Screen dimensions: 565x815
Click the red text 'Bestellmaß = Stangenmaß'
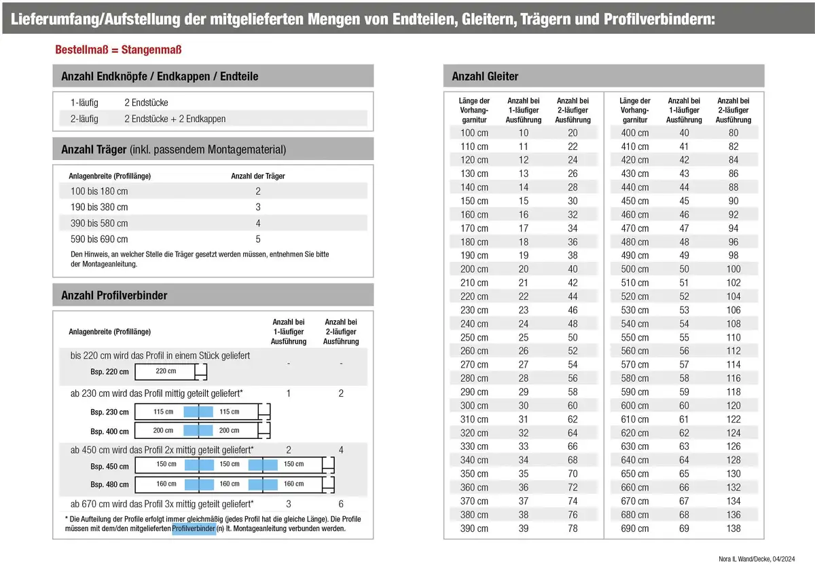tap(117, 50)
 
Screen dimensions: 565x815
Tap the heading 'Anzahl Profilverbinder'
tap(114, 295)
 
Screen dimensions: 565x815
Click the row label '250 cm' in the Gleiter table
tap(474, 337)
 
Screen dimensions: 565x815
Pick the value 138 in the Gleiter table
tap(733, 528)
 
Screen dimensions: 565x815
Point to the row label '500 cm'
tap(634, 269)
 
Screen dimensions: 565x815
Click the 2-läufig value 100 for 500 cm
tap(733, 269)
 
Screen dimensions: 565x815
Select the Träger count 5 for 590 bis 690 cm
tap(258, 239)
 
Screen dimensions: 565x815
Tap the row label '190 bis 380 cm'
tap(99, 207)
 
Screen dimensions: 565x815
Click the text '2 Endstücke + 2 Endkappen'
tap(175, 119)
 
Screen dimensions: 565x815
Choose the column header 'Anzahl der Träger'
tap(258, 176)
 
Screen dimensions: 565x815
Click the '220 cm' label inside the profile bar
tap(166, 371)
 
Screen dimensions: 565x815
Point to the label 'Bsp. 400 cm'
tap(109, 431)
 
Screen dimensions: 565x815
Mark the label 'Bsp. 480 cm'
tap(109, 484)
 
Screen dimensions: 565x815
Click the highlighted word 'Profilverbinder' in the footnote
tap(194, 528)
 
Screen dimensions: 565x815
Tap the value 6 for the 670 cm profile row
tap(341, 504)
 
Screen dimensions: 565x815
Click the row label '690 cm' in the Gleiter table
tap(474, 528)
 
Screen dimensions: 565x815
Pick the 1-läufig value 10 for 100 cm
tap(524, 133)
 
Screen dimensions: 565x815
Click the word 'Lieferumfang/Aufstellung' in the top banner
tap(95, 18)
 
